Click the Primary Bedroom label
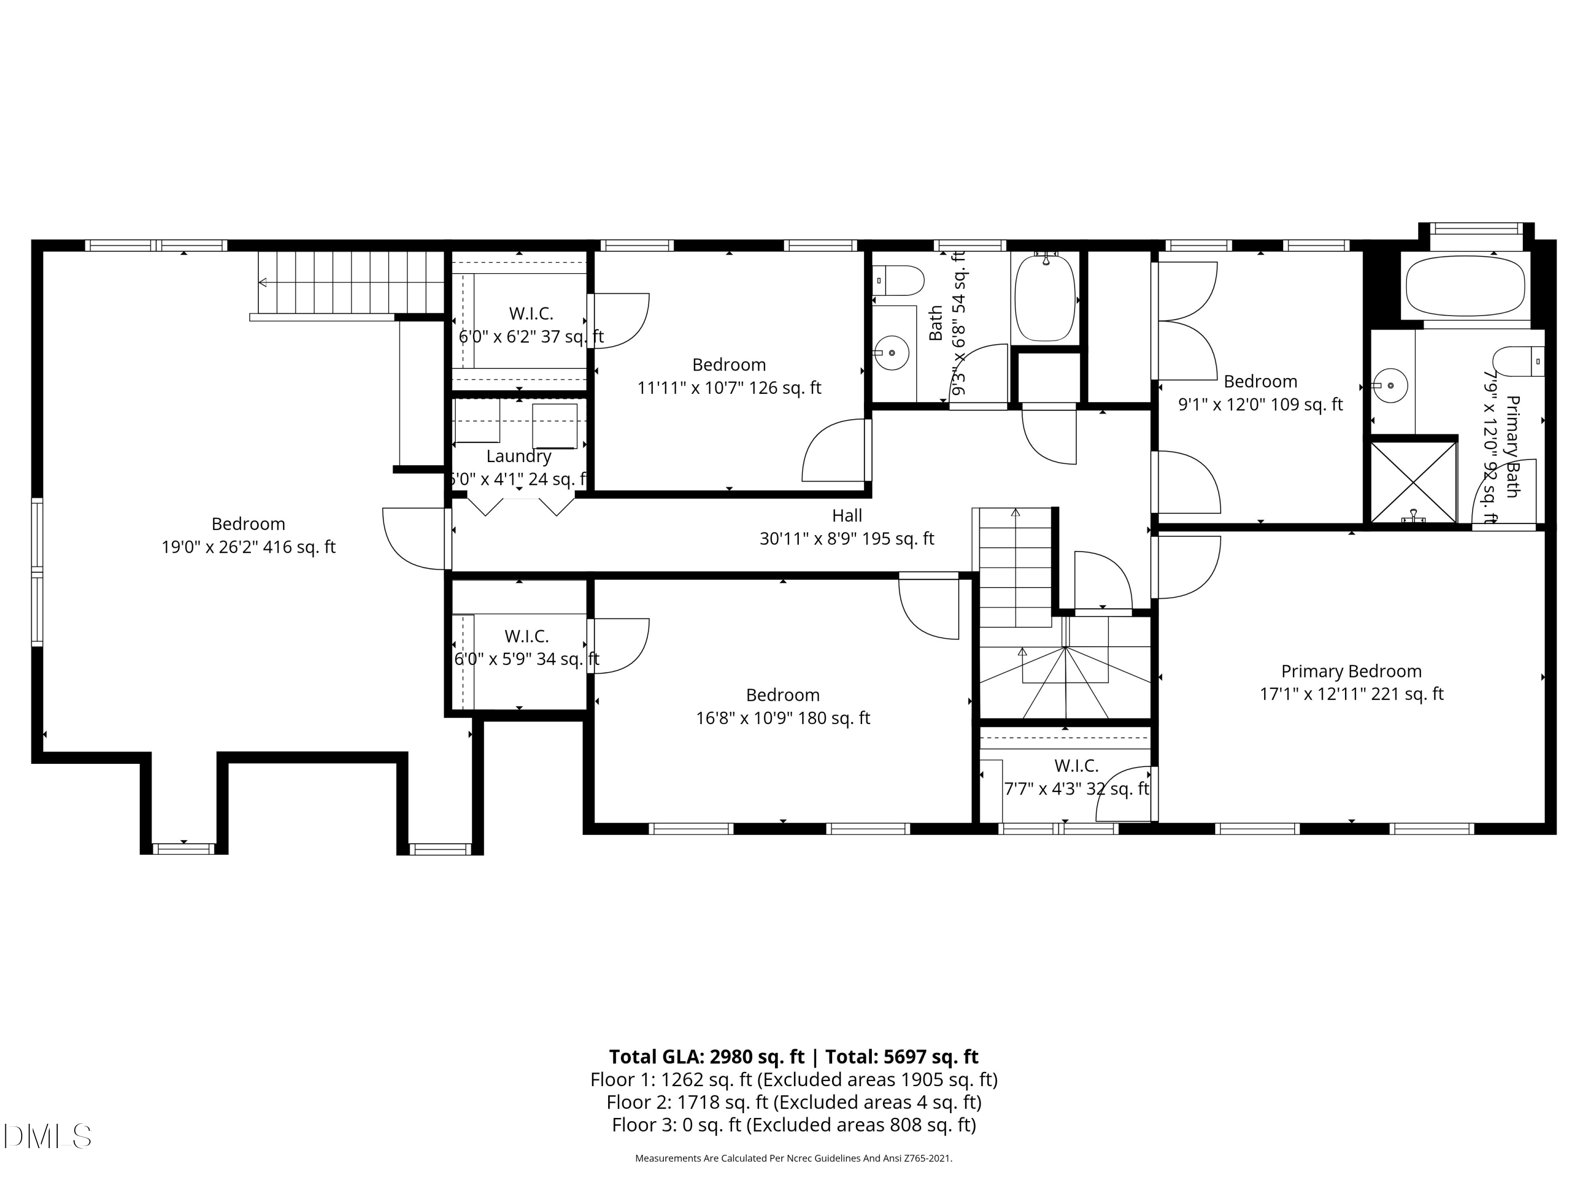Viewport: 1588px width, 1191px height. pos(1350,671)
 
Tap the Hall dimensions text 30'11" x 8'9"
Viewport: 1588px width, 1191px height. pos(846,538)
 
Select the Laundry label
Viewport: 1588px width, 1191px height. pos(518,456)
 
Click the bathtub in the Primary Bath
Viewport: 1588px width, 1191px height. pos(1465,286)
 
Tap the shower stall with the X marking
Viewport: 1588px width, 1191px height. pos(1413,482)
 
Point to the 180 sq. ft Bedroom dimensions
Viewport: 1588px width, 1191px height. pos(782,718)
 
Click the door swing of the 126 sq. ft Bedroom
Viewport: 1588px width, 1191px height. pos(833,452)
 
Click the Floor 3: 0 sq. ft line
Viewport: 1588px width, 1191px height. pos(793,1125)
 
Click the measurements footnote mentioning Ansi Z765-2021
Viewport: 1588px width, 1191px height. pos(793,1158)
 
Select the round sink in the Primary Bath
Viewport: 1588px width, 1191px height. pos(1391,385)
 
